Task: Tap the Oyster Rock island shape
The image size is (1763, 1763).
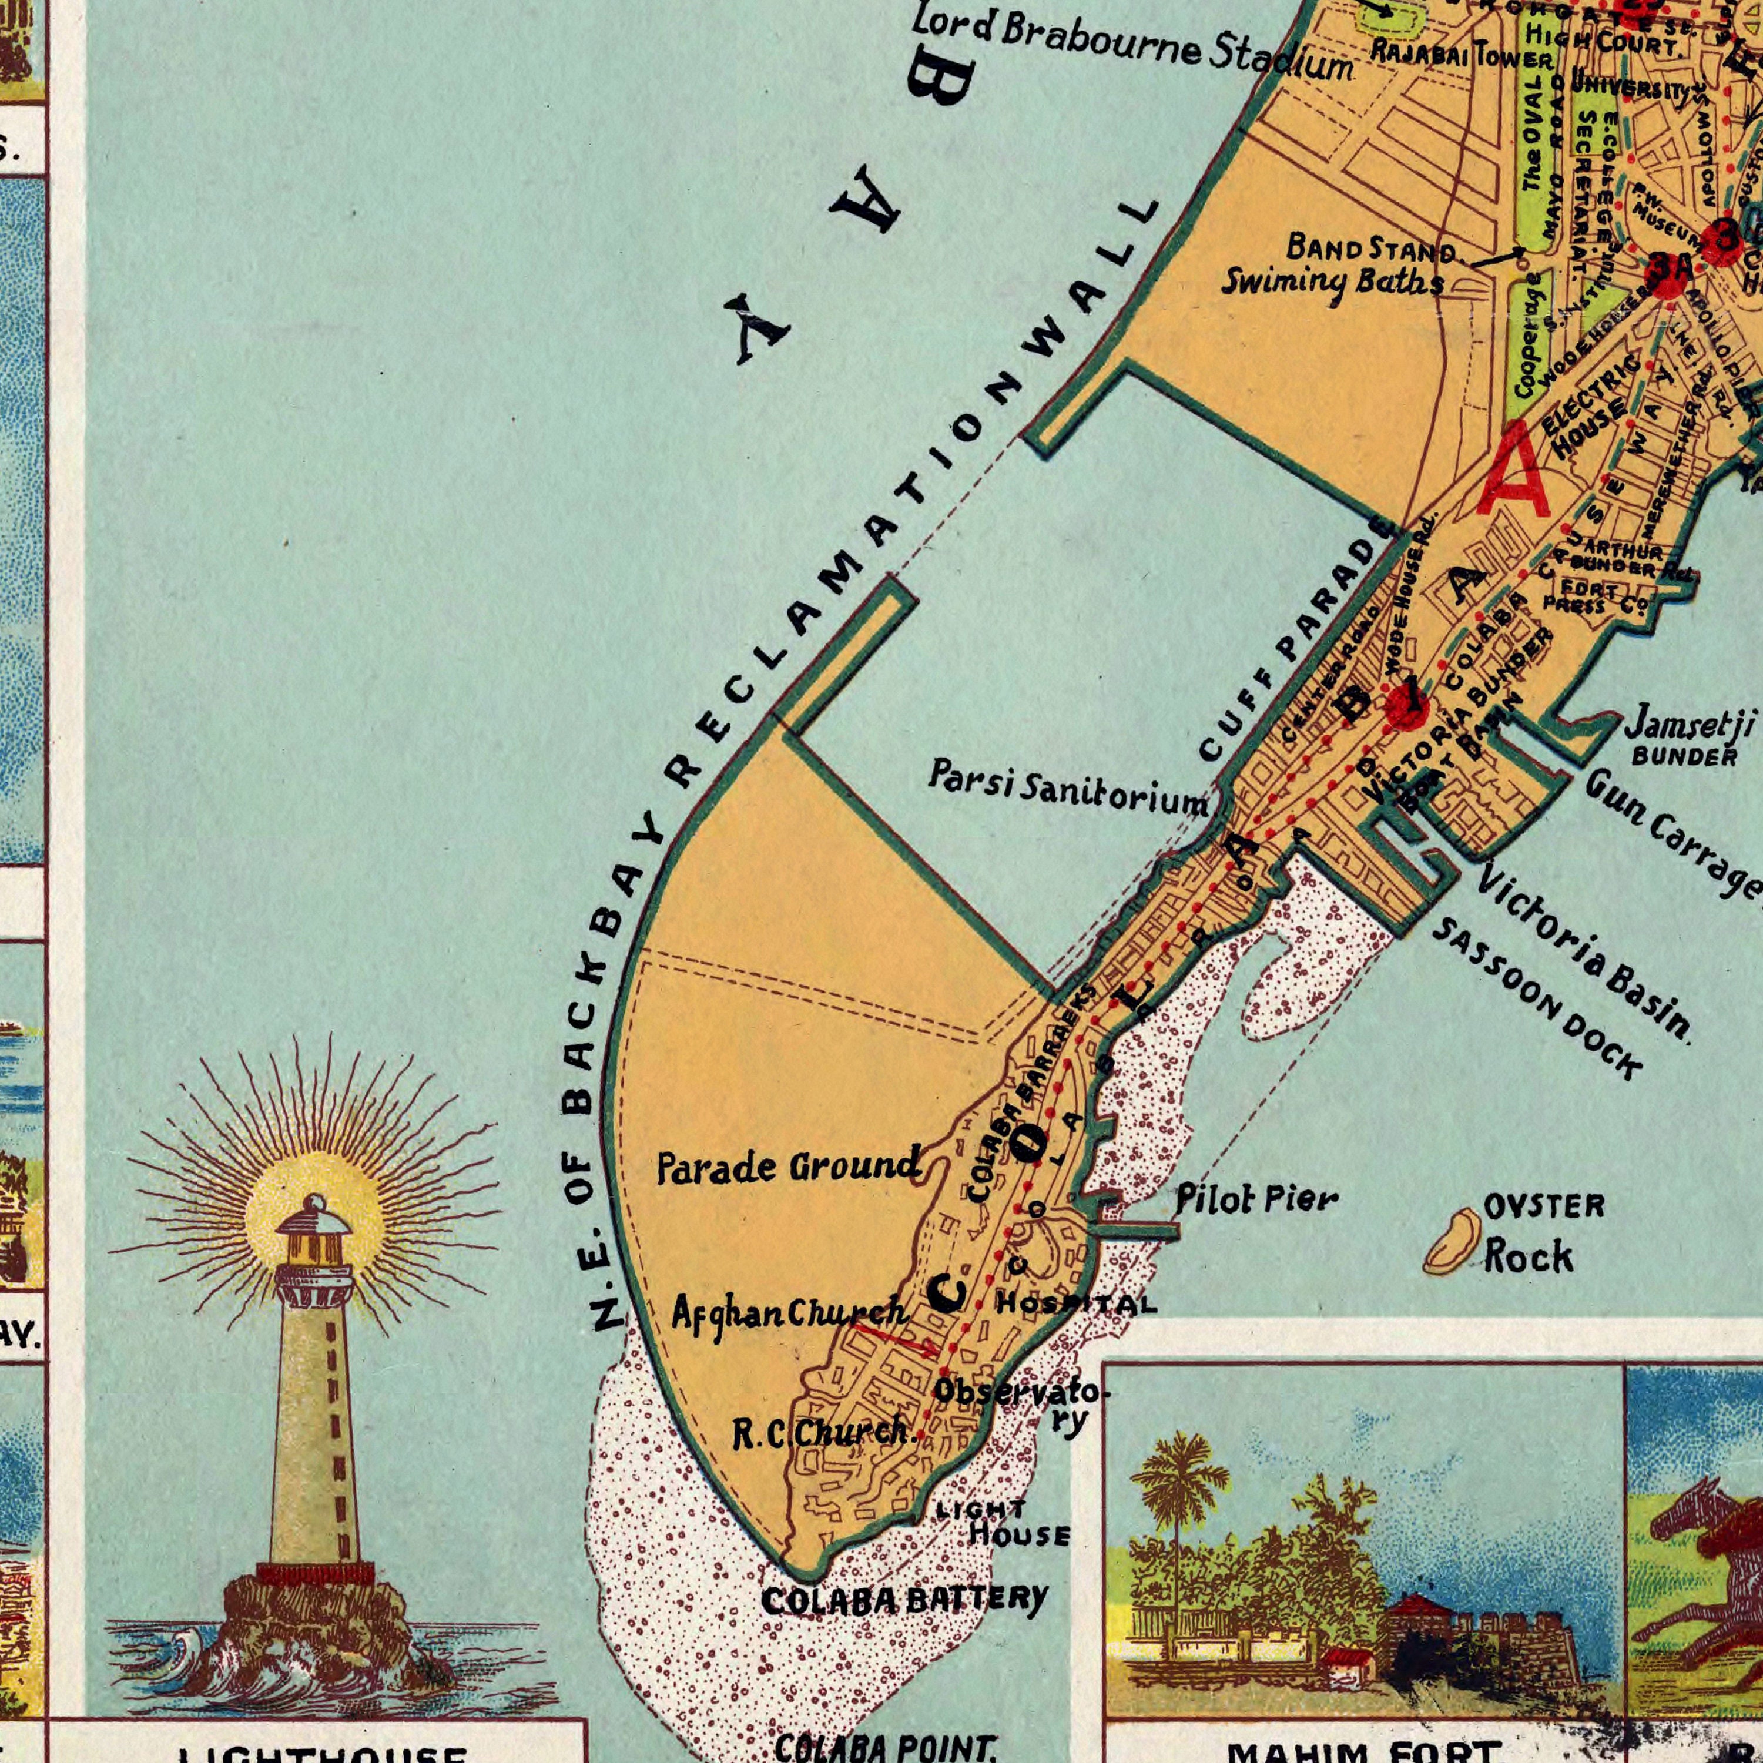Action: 1452,1239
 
